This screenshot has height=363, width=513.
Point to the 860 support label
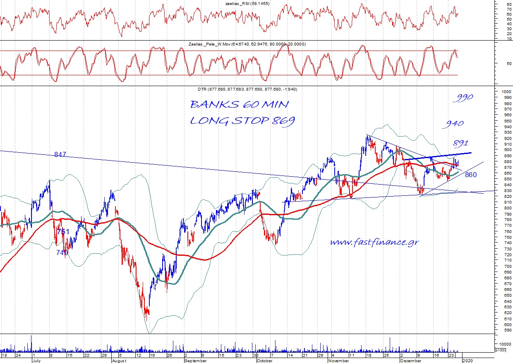tap(470, 175)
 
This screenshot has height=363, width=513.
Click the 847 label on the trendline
tap(60, 154)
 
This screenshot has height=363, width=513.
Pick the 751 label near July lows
tap(63, 232)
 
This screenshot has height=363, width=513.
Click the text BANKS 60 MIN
tap(240, 104)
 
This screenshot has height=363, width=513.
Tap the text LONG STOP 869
tap(243, 120)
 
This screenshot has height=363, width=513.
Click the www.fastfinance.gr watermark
tap(374, 242)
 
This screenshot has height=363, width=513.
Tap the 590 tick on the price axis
tap(502, 330)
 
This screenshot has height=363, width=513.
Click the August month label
tap(119, 361)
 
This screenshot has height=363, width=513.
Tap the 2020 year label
tap(467, 361)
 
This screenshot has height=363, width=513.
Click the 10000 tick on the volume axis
tap(503, 344)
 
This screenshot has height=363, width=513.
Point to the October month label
tap(264, 361)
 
